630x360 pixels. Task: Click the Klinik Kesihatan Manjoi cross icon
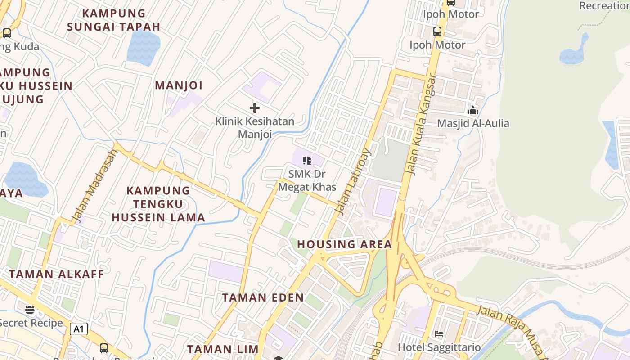(255, 108)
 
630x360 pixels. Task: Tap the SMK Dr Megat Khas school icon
(307, 161)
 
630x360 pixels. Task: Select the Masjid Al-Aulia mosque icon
(473, 110)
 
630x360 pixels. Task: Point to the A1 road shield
(79, 329)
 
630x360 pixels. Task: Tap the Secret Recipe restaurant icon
(30, 309)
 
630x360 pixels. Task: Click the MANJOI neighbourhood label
(179, 85)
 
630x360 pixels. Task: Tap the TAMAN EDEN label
(263, 297)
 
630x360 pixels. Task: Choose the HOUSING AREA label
(345, 244)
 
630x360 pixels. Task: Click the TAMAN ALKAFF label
(56, 274)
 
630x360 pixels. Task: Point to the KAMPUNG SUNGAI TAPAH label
(114, 20)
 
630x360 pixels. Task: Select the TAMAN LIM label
(223, 349)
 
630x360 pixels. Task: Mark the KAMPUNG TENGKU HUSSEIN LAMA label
(158, 204)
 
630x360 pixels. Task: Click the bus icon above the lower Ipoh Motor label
(437, 31)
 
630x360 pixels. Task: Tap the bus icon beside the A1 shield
(104, 348)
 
